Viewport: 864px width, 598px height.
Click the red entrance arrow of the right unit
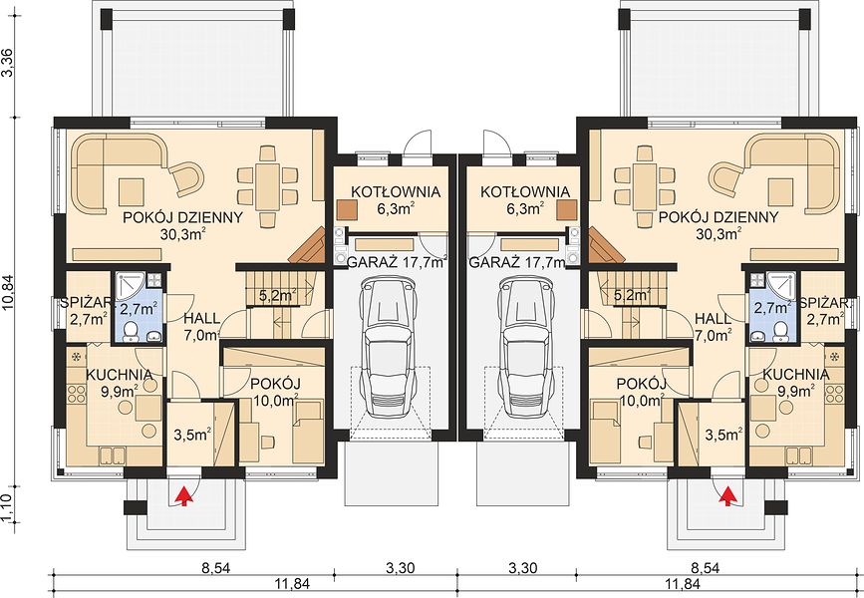click(x=728, y=495)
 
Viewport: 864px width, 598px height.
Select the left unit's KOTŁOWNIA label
click(x=396, y=191)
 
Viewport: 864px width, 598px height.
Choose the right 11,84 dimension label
click(x=684, y=583)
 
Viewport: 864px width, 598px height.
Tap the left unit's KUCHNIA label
click(x=119, y=375)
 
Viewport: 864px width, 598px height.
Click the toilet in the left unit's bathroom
click(x=131, y=331)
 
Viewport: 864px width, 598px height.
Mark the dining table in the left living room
click(x=268, y=185)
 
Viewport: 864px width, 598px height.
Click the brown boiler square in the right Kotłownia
click(x=566, y=210)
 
